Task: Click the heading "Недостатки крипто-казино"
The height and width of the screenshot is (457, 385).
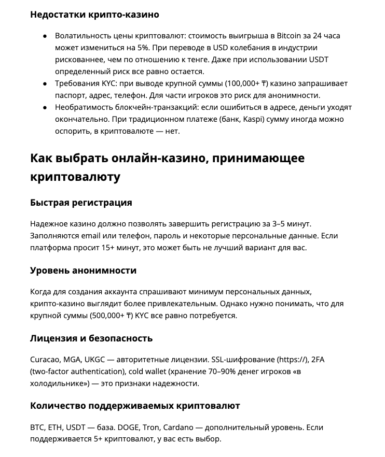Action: click(x=94, y=15)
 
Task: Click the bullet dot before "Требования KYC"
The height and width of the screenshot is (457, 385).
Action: click(x=45, y=83)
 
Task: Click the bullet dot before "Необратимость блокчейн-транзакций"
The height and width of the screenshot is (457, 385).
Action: click(x=45, y=107)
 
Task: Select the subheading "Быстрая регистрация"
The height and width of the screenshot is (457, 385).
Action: click(x=81, y=203)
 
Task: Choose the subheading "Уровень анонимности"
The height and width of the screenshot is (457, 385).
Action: click(x=84, y=270)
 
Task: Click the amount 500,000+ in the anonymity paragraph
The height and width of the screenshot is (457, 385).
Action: click(x=110, y=316)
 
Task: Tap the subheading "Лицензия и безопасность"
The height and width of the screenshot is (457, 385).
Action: click(x=91, y=338)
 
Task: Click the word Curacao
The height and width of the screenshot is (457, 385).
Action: click(x=45, y=360)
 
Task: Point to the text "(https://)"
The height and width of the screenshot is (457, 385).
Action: click(x=293, y=360)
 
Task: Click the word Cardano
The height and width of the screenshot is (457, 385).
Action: click(x=178, y=427)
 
